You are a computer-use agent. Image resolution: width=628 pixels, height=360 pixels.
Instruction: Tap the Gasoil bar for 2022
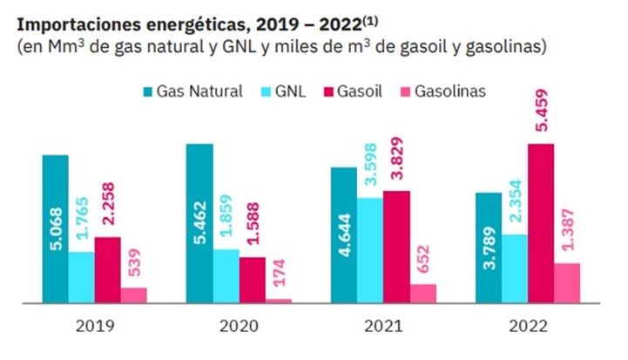point(540,223)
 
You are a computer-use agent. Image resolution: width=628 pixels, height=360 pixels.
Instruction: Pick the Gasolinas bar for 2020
point(279,300)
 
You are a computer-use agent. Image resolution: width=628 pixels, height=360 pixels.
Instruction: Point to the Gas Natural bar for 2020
point(200,223)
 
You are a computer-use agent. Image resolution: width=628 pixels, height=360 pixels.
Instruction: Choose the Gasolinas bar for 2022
point(566,282)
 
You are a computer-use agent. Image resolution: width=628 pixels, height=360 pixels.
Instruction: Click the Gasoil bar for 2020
point(253,280)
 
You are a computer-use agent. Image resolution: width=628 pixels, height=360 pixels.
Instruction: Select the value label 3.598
point(370,163)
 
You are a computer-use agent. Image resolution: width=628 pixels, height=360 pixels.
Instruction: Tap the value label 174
point(280,271)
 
